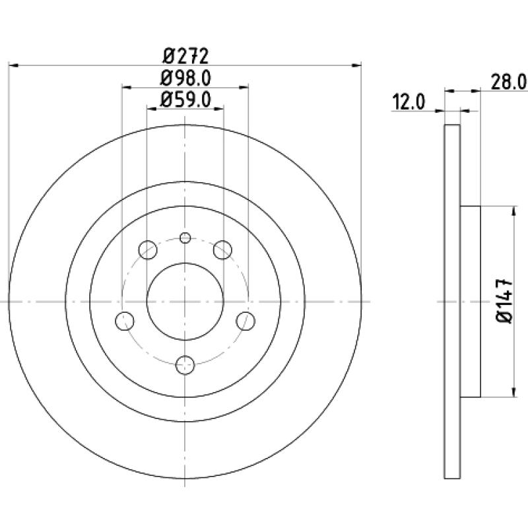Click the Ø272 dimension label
click(185, 56)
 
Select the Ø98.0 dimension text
click(185, 78)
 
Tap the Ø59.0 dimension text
click(185, 100)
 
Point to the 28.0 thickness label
click(509, 82)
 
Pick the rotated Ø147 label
click(504, 301)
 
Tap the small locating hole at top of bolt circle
click(185, 238)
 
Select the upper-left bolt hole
click(148, 250)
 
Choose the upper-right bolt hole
click(223, 250)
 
